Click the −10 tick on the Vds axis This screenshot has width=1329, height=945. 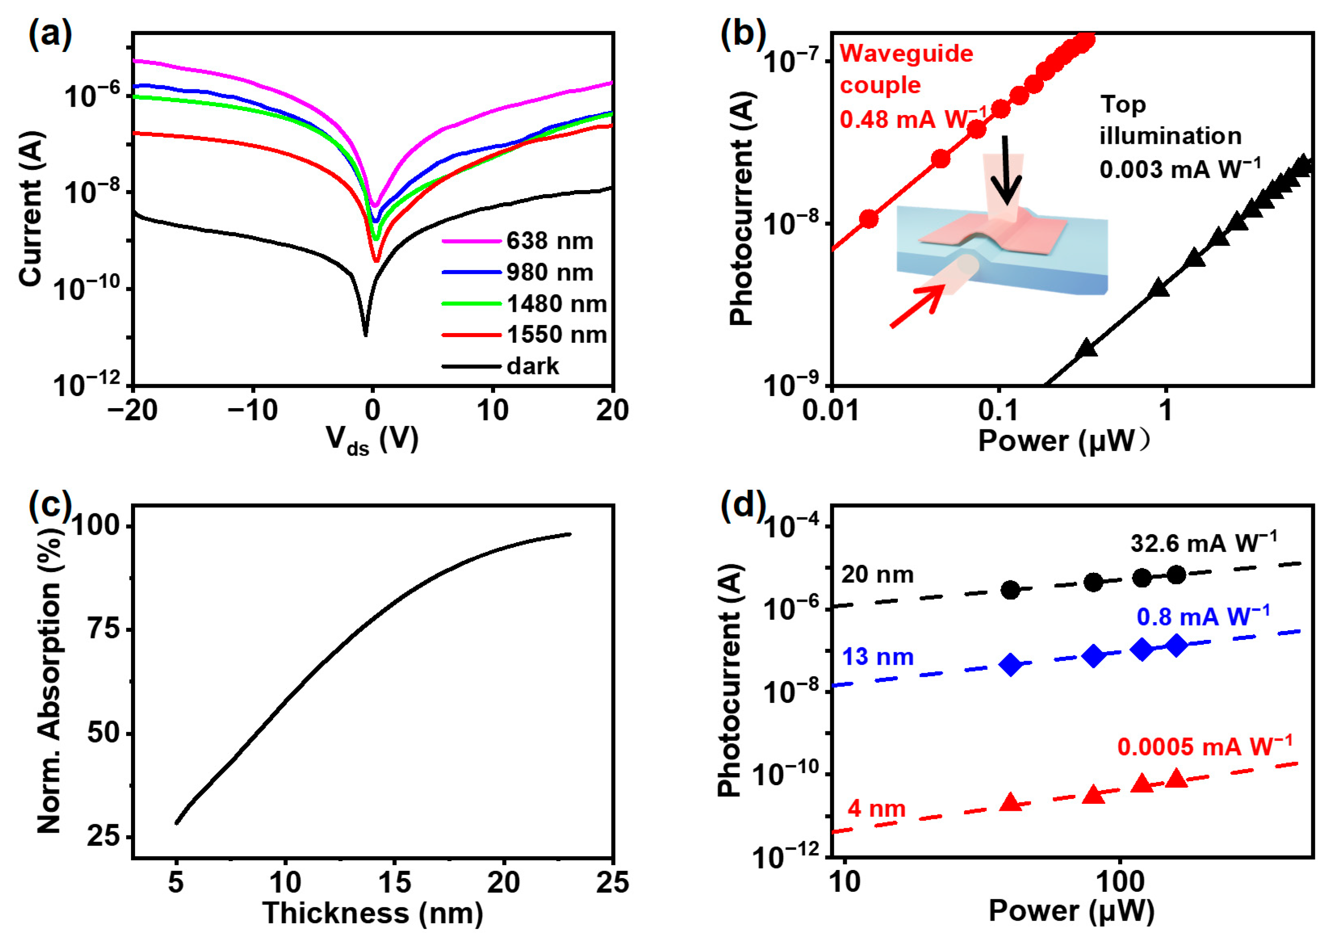point(253,411)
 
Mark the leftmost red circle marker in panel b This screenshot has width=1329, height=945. point(868,219)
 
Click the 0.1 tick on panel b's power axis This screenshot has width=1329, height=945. point(999,411)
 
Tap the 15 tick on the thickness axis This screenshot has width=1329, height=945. point(394,883)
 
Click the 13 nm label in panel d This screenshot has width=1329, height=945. point(877,657)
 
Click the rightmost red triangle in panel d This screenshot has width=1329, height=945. point(1176,778)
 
